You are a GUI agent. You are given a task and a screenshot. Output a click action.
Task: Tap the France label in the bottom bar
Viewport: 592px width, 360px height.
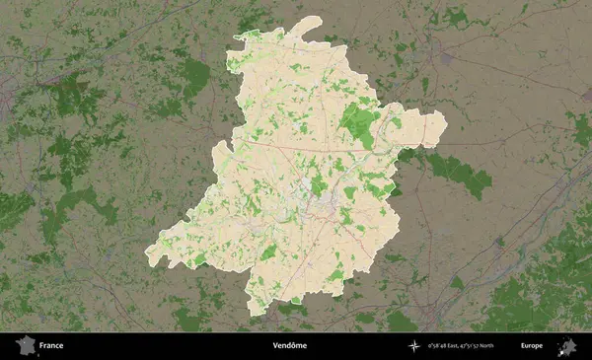pos(50,346)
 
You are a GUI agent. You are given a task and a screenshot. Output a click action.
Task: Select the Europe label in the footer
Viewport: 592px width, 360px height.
pos(531,346)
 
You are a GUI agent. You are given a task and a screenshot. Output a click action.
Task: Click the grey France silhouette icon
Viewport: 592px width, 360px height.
pos(24,345)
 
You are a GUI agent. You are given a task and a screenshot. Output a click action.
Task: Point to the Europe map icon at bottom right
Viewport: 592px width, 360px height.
pos(567,346)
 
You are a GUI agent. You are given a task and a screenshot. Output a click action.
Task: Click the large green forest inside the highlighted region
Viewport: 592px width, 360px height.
pos(359,123)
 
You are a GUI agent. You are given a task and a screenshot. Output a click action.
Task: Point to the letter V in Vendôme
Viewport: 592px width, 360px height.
pos(275,346)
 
